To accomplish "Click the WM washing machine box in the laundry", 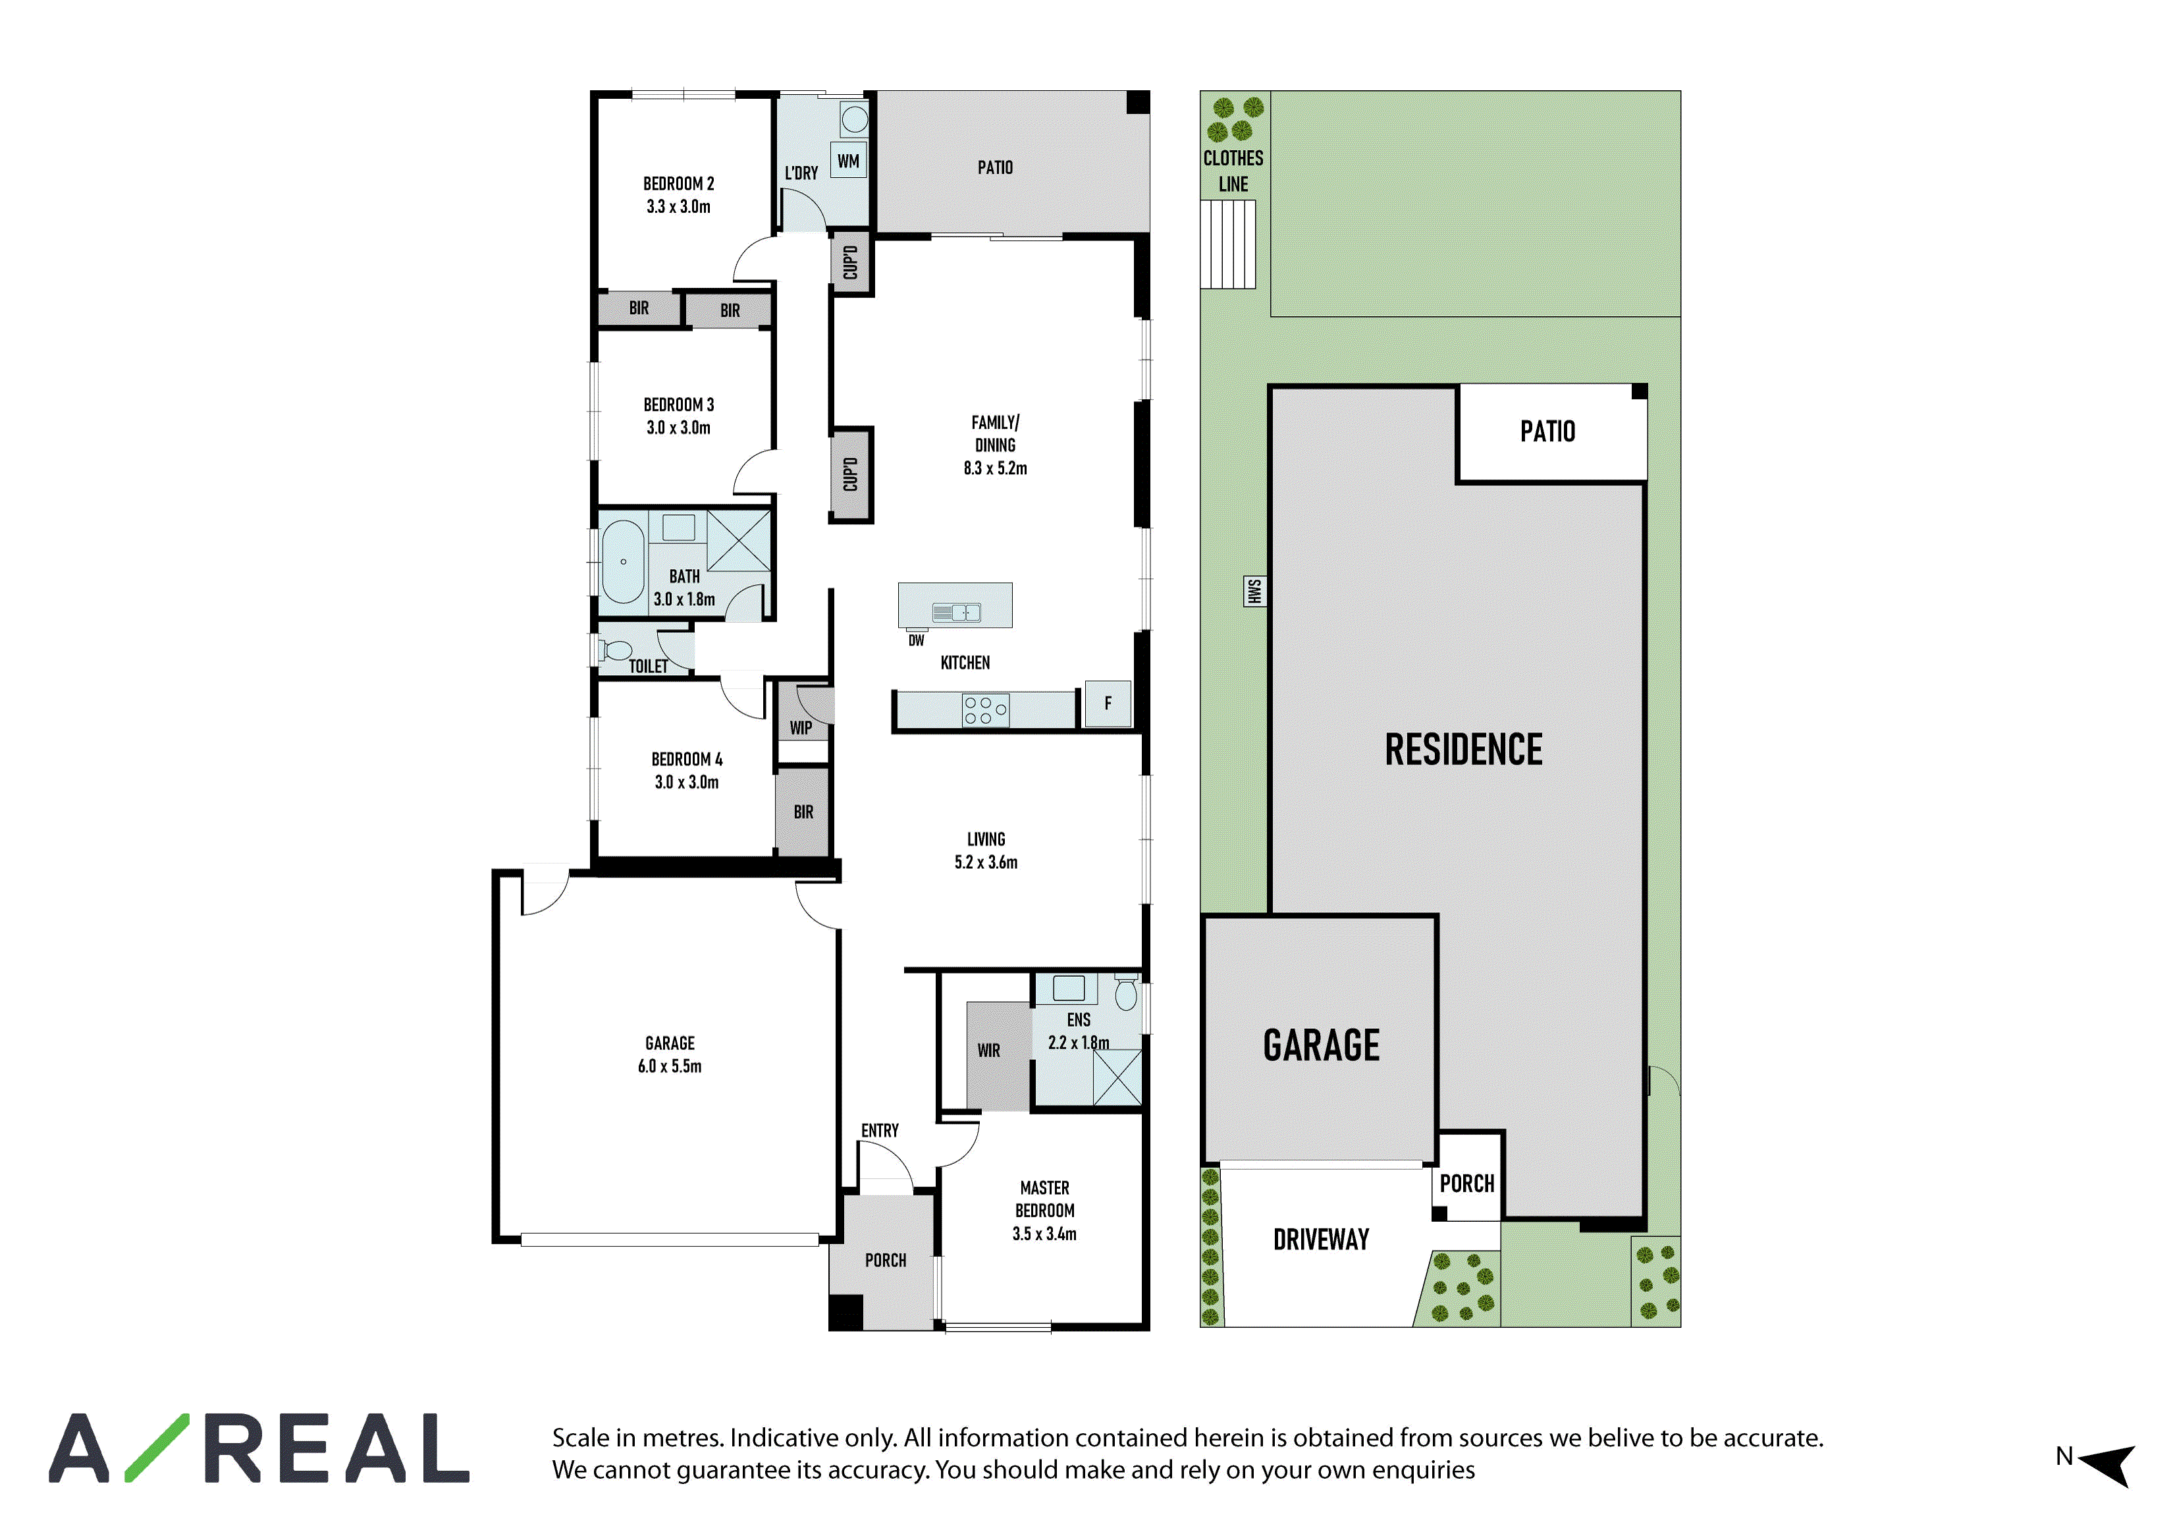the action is pos(848,161).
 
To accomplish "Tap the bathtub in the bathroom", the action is pos(623,561).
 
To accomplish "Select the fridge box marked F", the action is pos(1108,704).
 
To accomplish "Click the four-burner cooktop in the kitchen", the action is pos(985,711).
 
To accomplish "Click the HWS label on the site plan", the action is pos(1254,591).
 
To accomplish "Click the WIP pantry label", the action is pos(801,728).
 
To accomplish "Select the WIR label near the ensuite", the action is pos(988,1051).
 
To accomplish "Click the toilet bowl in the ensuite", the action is pos(1125,994).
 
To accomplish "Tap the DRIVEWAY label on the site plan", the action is pos(1321,1240).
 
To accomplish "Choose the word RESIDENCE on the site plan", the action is pos(1463,750).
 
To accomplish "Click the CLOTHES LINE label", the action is pos(1233,171).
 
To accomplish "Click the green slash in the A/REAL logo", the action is pos(157,1448).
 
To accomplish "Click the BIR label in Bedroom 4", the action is pos(803,812).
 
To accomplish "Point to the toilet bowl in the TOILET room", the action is pos(616,650).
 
